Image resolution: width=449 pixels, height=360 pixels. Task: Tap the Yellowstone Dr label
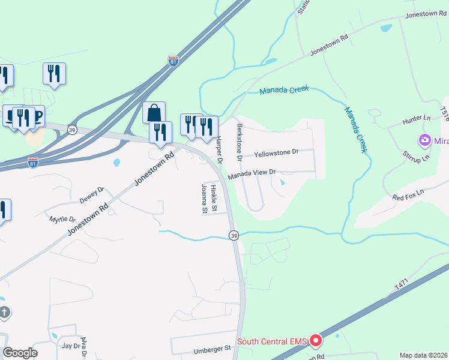point(276,153)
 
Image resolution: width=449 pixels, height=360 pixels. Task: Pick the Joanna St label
point(203,199)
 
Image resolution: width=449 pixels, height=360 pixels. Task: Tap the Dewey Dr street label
point(92,194)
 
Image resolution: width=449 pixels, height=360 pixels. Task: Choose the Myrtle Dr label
point(62,220)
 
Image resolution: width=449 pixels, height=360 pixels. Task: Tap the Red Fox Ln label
point(408,194)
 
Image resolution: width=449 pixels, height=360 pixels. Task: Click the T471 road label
point(401,286)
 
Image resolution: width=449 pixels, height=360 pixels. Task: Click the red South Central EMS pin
point(316,341)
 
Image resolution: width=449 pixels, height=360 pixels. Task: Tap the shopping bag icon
point(154,112)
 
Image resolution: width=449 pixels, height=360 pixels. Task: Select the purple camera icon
point(426,141)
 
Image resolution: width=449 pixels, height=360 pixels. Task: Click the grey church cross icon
point(4,312)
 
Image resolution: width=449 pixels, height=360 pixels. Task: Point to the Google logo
point(20,353)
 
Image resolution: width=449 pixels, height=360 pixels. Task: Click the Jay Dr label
point(71,346)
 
